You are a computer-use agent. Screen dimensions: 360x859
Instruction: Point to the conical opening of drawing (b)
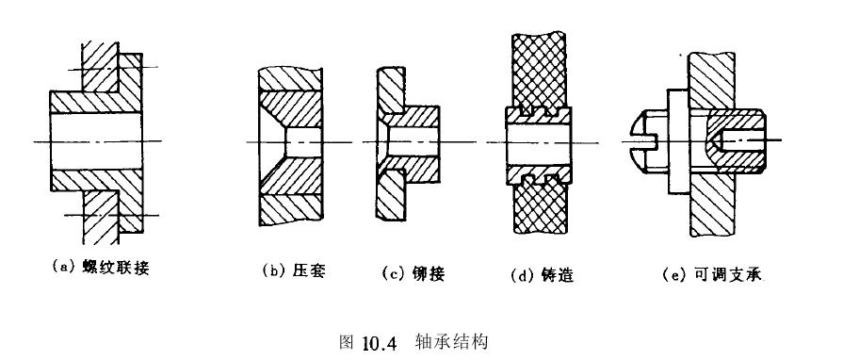pyautogui.click(x=272, y=141)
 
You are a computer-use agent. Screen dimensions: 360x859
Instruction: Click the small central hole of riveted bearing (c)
pyautogui.click(x=414, y=141)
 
